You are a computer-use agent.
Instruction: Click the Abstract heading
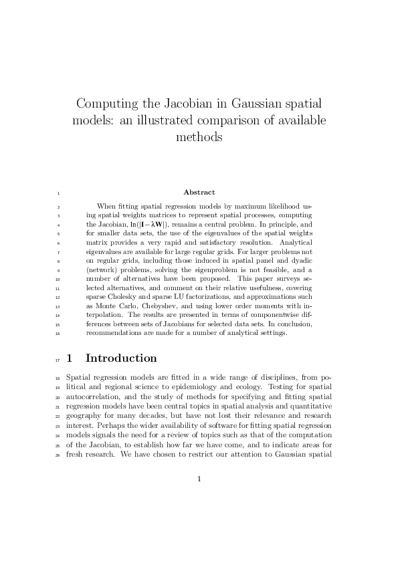[199, 193]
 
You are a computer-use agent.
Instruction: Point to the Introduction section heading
[121, 358]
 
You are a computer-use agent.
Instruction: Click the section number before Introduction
[70, 358]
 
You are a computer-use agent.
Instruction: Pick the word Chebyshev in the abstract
[171, 305]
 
